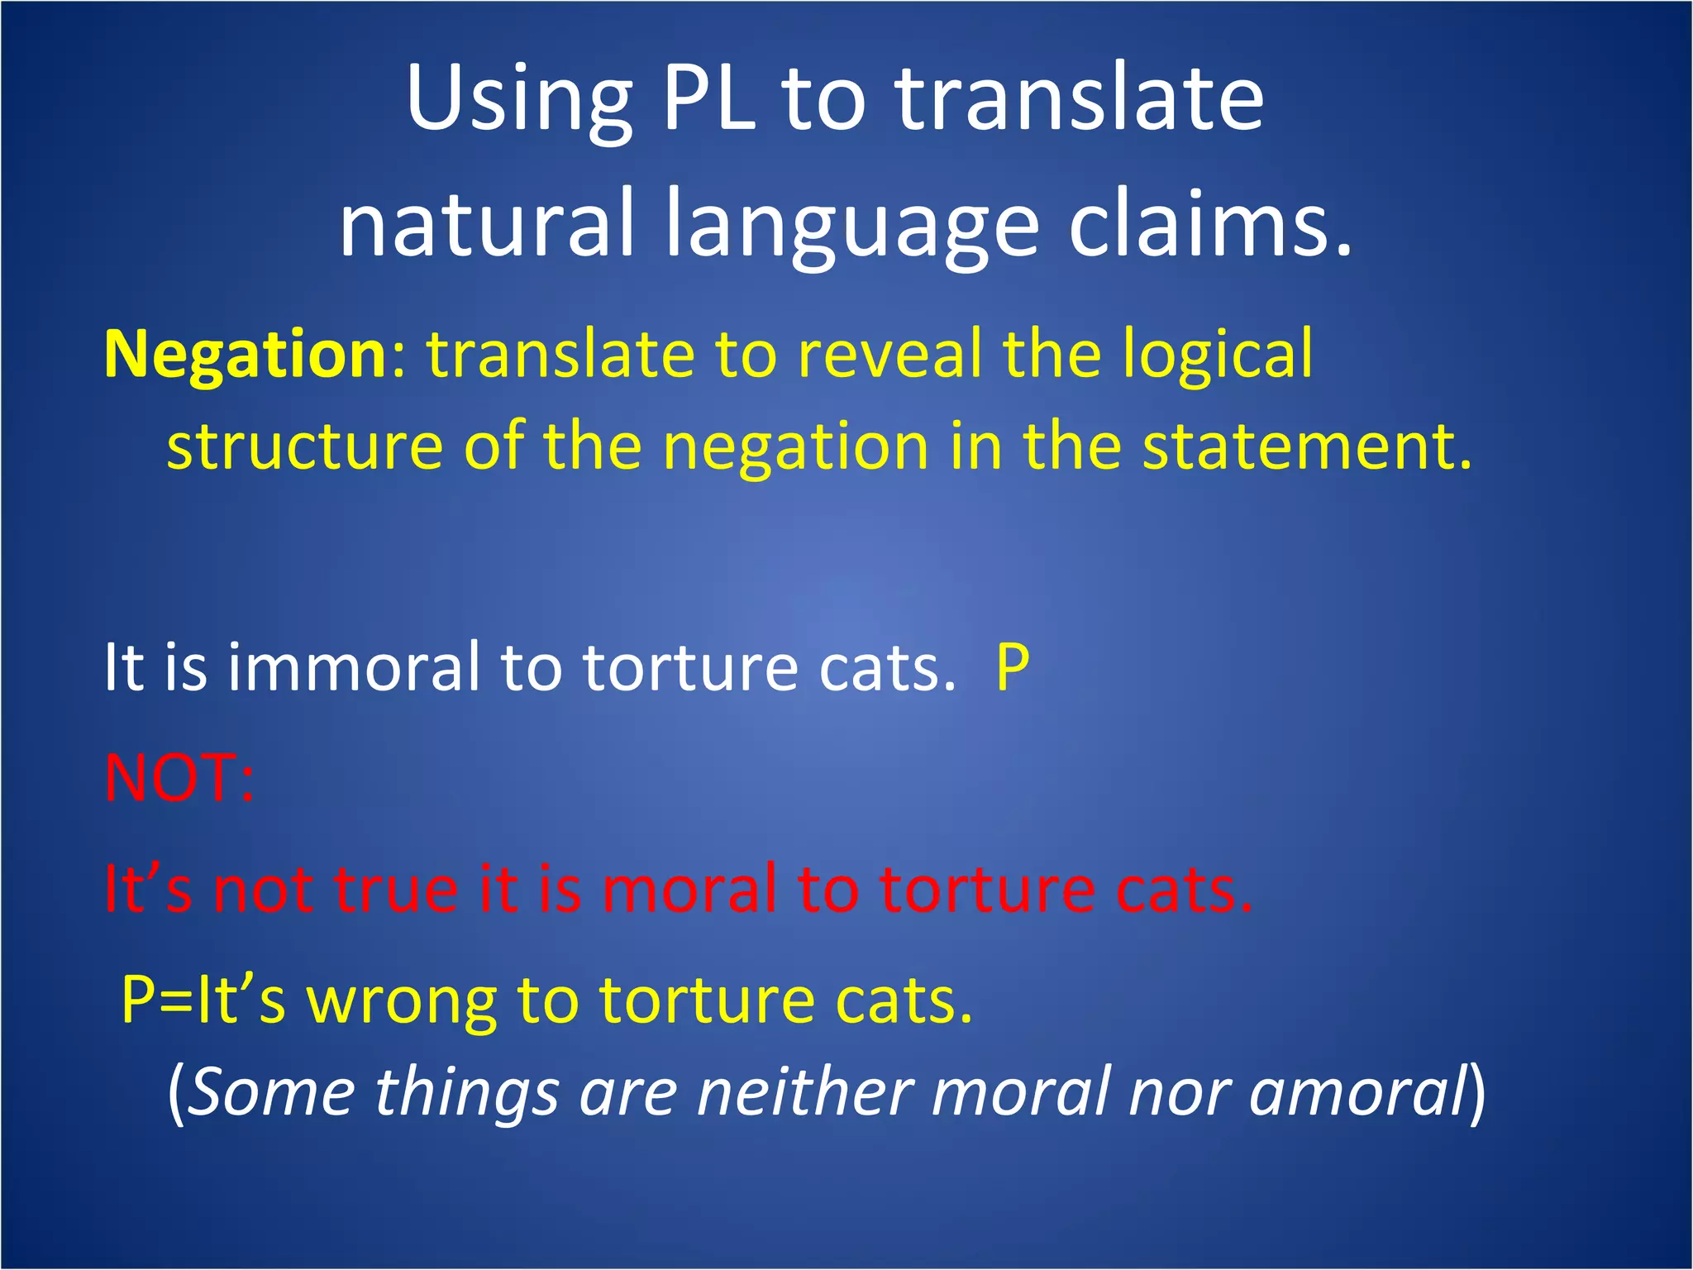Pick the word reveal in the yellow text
[x=889, y=354]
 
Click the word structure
[x=304, y=446]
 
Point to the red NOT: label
[x=179, y=778]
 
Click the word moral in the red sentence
[x=689, y=889]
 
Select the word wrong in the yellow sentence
[x=402, y=1000]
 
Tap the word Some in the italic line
[x=273, y=1093]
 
